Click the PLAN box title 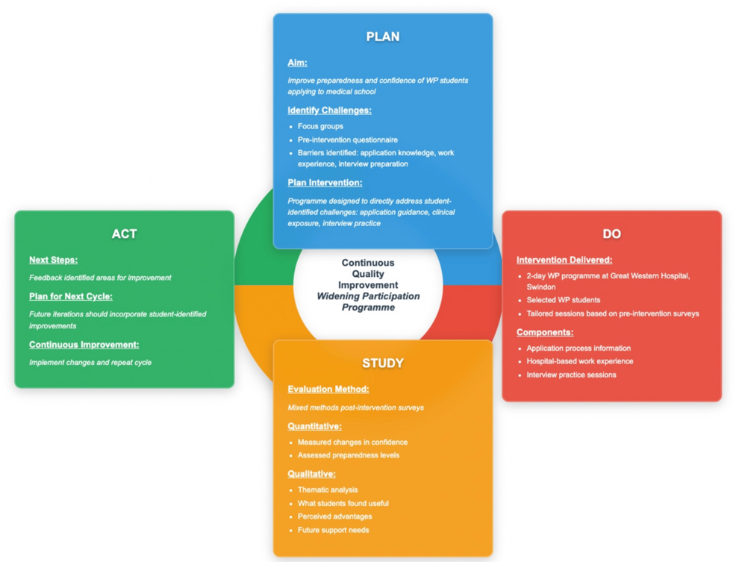pos(382,37)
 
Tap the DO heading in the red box pos(611,234)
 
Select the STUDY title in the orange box pos(382,363)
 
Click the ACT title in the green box pos(124,234)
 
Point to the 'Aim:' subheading pos(297,63)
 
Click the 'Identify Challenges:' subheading pos(329,110)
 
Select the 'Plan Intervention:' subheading pos(325,183)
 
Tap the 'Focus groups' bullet pos(320,126)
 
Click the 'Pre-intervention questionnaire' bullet pos(347,140)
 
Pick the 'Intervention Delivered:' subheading pos(564,260)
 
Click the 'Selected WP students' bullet pos(563,300)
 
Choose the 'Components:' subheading pos(545,332)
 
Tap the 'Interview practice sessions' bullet pos(571,375)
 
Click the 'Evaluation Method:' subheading pos(328,390)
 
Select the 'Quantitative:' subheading pos(314,426)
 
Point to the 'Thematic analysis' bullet pos(327,490)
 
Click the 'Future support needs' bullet pos(333,530)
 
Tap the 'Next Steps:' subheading pos(53,260)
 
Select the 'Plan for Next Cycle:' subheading pos(71,296)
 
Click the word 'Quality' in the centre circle pos(368,274)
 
